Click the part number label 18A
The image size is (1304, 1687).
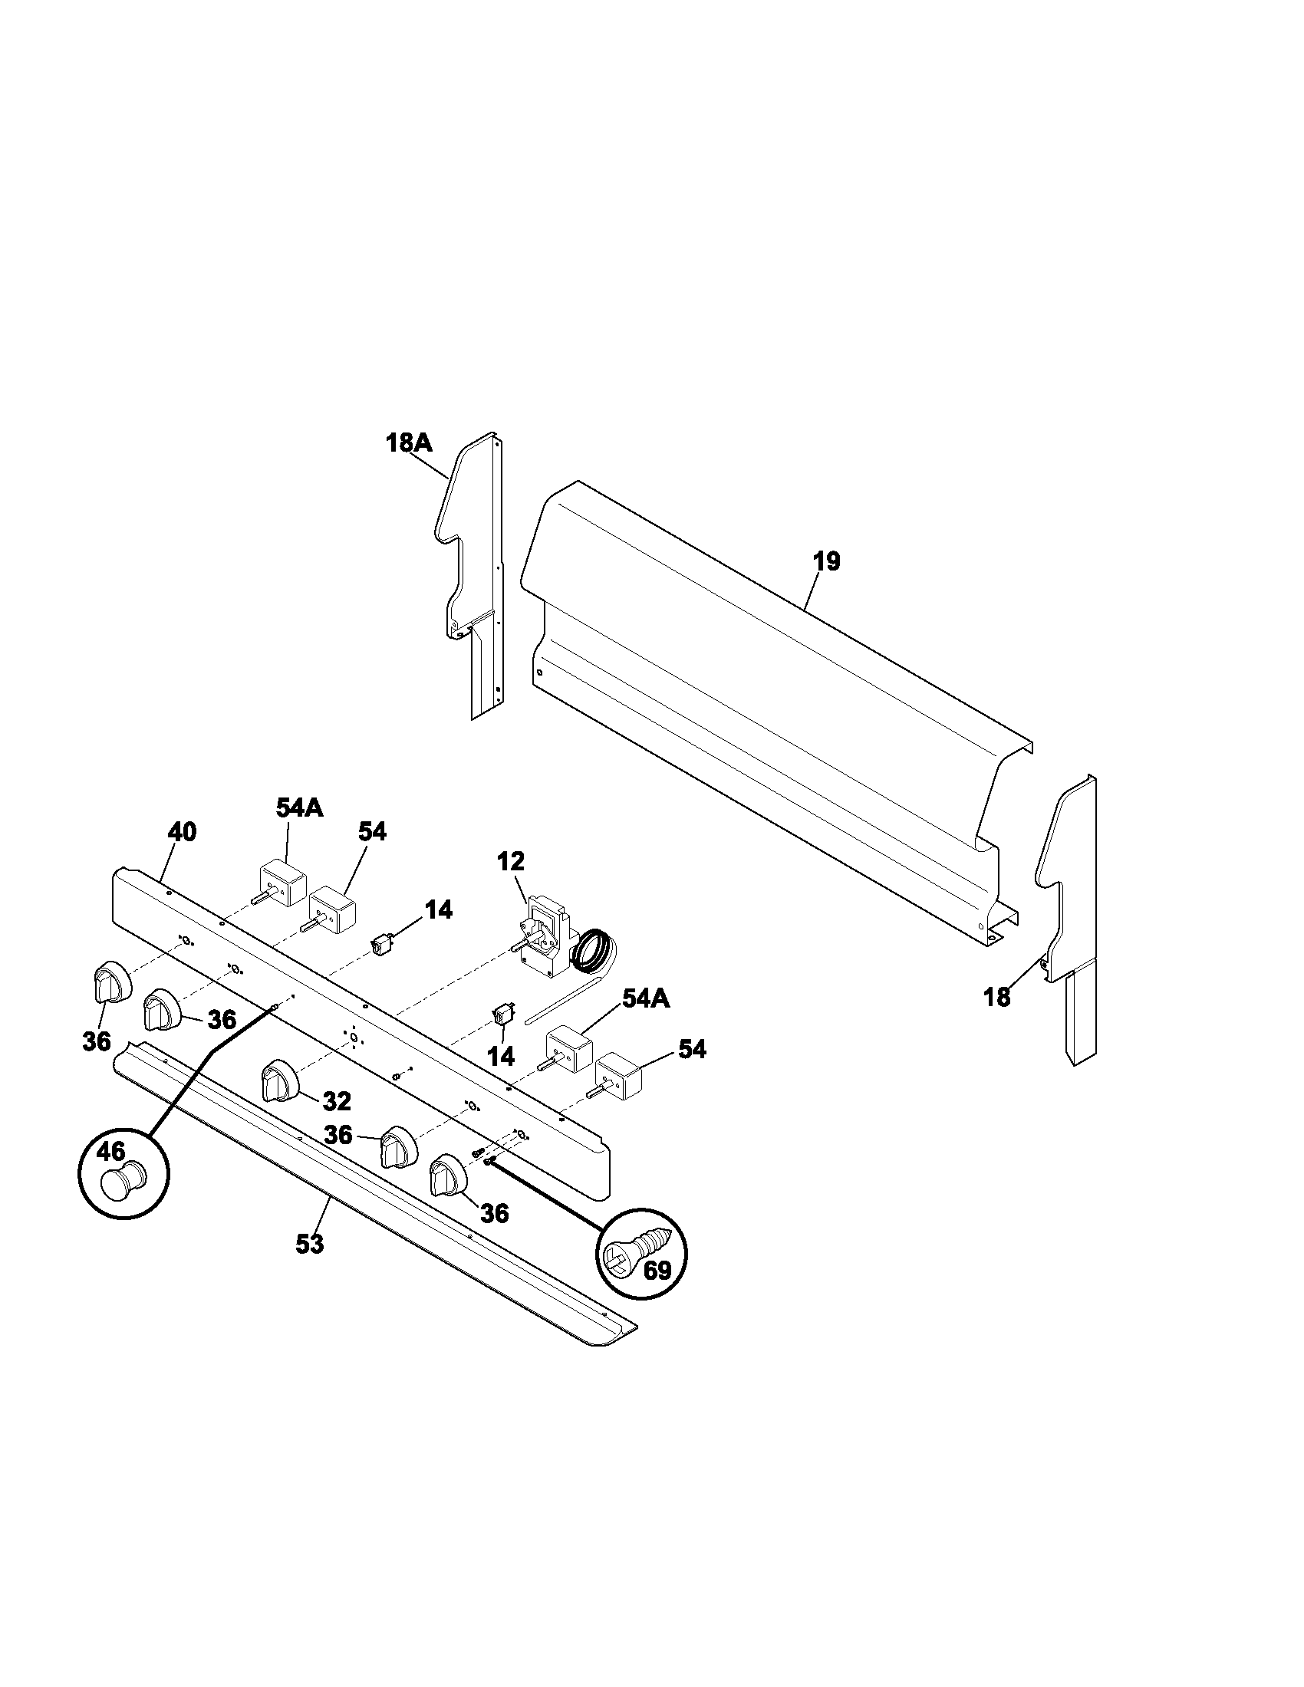(408, 443)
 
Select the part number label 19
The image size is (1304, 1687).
(827, 561)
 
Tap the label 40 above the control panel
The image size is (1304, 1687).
(183, 832)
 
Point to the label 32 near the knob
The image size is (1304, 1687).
(337, 1100)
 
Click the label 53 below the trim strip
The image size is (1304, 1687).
(309, 1245)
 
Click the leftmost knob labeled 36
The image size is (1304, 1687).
(111, 984)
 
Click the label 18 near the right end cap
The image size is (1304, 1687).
(996, 997)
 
